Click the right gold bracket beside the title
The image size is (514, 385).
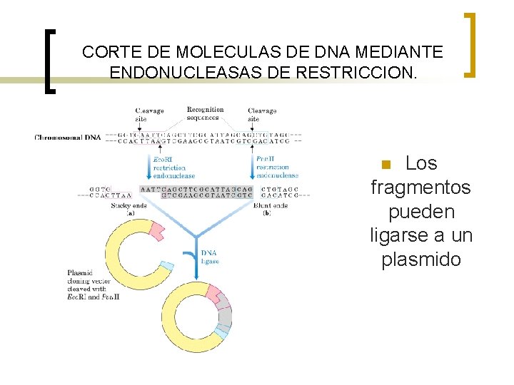pos(469,45)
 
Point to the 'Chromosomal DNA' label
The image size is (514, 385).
pos(68,138)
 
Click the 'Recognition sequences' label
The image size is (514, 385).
pos(205,113)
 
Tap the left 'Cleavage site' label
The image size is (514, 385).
pos(149,115)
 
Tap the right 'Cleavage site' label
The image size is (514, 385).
pos(262,115)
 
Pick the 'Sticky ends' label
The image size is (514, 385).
pos(129,209)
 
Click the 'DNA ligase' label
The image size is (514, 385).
pos(210,257)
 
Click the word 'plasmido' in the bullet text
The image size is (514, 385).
pos(421,260)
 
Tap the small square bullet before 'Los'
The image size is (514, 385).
pos(386,165)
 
